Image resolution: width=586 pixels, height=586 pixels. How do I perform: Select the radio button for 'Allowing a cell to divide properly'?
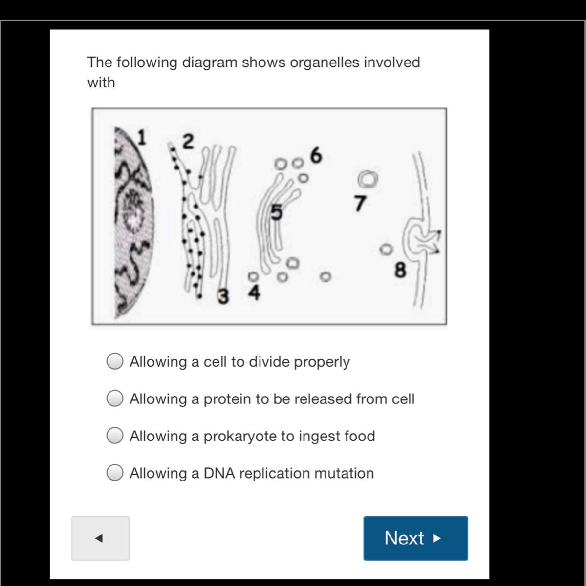click(115, 361)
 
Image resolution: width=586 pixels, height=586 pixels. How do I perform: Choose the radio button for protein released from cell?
click(115, 398)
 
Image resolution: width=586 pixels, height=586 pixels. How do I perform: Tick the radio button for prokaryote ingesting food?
click(115, 435)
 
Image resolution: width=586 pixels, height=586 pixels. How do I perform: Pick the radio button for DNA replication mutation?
click(115, 472)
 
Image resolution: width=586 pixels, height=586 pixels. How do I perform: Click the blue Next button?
click(415, 538)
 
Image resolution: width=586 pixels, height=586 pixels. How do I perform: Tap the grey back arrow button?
click(101, 538)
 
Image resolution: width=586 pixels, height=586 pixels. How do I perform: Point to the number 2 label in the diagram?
click(188, 142)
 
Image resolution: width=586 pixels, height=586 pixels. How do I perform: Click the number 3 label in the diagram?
click(223, 296)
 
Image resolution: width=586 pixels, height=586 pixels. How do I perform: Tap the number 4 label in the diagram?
click(254, 292)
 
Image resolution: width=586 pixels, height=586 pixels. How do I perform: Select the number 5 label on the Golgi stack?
click(277, 211)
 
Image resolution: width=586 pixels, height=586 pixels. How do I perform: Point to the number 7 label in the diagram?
click(360, 203)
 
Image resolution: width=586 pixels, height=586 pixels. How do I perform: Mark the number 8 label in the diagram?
click(400, 270)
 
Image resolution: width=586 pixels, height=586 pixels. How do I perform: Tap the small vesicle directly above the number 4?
click(253, 276)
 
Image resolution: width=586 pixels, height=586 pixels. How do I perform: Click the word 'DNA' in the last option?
click(219, 473)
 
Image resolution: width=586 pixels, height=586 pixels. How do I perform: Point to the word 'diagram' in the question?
click(210, 63)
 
